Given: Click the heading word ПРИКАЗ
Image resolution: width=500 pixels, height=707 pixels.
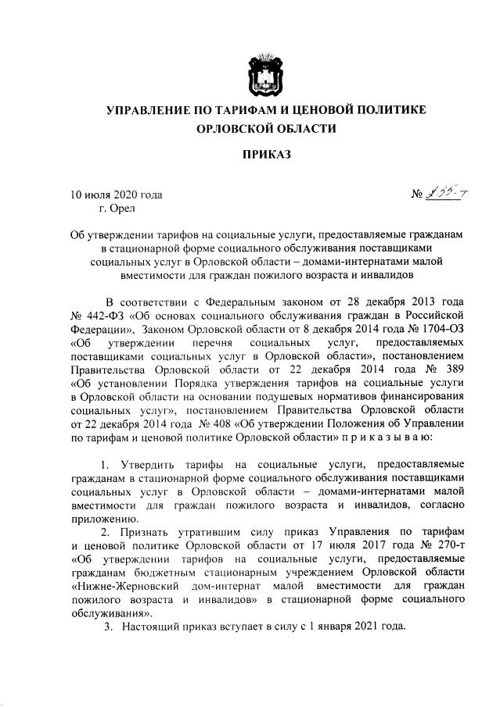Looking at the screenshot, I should click(x=267, y=154).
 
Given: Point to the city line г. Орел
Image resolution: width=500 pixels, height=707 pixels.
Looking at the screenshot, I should click(x=117, y=207).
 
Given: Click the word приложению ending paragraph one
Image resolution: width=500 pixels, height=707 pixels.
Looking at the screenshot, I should click(x=104, y=518).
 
